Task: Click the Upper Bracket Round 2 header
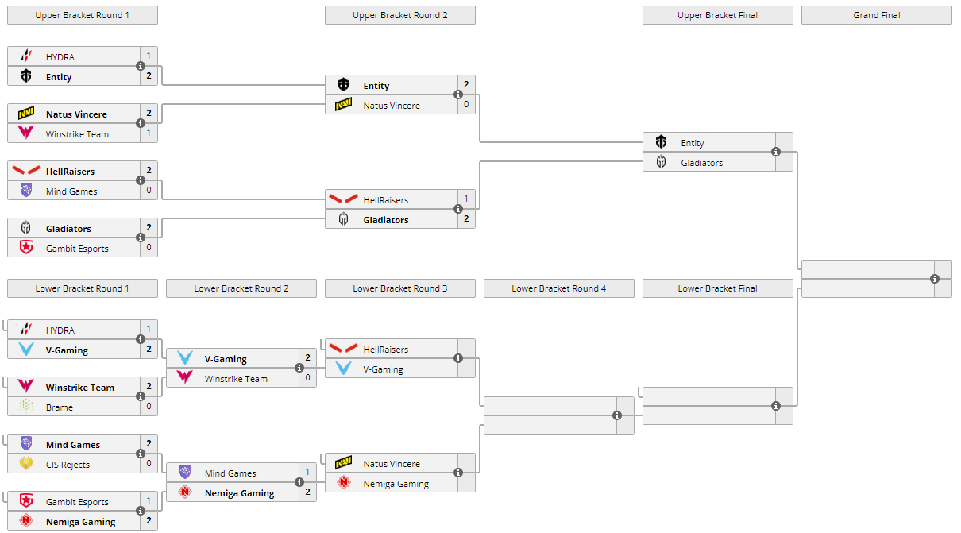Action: pyautogui.click(x=399, y=15)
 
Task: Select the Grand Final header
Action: pyautogui.click(x=876, y=15)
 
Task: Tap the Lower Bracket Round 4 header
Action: pyautogui.click(x=558, y=288)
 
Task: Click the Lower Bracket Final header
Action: pyautogui.click(x=717, y=288)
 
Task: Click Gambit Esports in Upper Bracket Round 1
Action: pyautogui.click(x=77, y=249)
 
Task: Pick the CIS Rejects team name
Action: pyautogui.click(x=68, y=465)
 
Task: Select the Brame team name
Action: pyautogui.click(x=60, y=407)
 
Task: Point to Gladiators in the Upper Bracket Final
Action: pyautogui.click(x=702, y=163)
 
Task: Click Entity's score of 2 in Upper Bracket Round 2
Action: pyautogui.click(x=466, y=84)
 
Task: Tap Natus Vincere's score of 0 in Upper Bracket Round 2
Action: pyautogui.click(x=466, y=104)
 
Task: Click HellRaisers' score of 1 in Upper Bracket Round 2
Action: pyautogui.click(x=466, y=199)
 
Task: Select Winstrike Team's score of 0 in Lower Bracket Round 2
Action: pyautogui.click(x=307, y=377)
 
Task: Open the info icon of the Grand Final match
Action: pyautogui.click(x=935, y=279)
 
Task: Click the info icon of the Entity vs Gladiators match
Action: pyautogui.click(x=776, y=152)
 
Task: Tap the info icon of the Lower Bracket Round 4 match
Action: pyautogui.click(x=617, y=415)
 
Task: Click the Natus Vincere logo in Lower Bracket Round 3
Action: pyautogui.click(x=344, y=463)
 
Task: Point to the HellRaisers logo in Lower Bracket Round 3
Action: pyautogui.click(x=344, y=349)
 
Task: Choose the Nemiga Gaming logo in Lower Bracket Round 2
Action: pyautogui.click(x=185, y=492)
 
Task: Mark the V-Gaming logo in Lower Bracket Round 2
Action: pyautogui.click(x=185, y=358)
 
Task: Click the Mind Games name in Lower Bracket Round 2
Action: pyautogui.click(x=230, y=473)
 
